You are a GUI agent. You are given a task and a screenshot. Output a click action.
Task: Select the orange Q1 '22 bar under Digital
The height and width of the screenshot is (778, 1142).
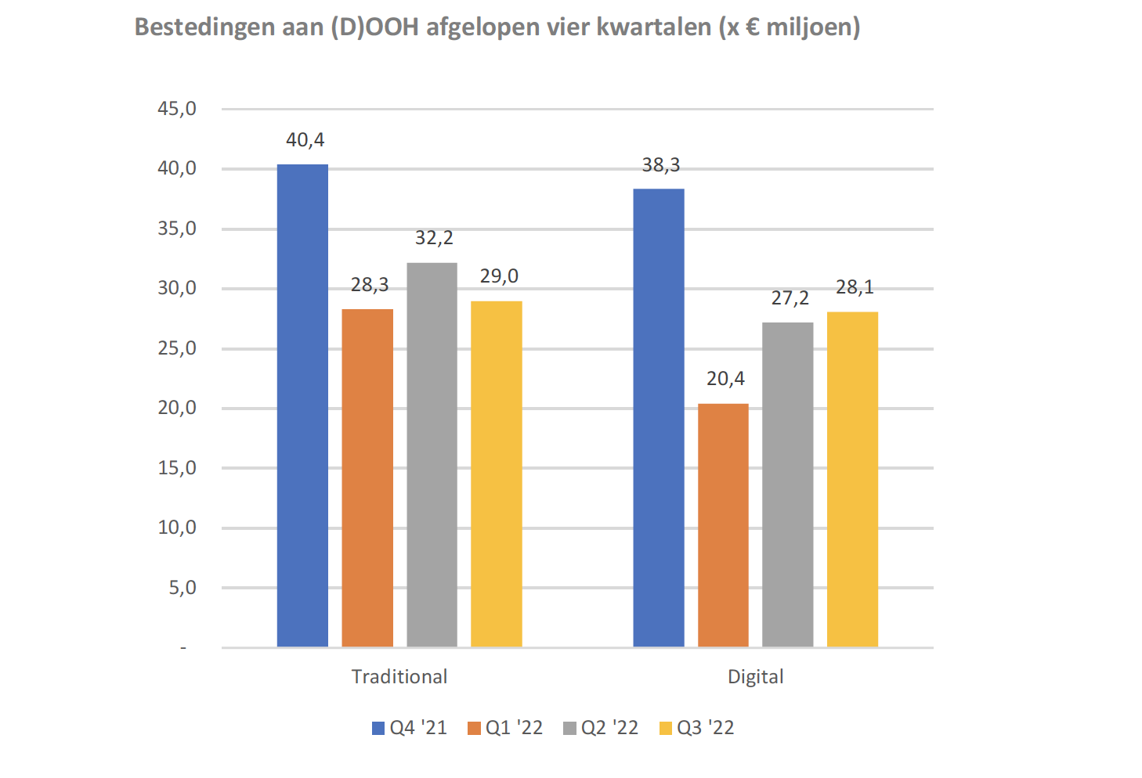723,524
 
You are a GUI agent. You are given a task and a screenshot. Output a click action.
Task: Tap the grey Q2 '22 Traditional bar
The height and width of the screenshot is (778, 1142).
432,454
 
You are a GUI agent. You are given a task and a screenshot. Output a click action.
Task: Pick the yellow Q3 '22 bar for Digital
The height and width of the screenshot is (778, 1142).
852,479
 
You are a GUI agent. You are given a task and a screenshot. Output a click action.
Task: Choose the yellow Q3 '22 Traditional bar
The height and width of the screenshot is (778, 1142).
496,474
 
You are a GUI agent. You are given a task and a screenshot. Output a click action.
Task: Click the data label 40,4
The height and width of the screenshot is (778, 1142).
305,140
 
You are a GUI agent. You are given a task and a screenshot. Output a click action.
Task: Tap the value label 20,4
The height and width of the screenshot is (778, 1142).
725,379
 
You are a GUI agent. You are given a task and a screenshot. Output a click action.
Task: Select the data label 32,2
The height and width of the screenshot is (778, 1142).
434,238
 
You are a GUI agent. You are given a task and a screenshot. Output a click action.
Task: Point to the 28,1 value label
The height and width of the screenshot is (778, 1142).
855,287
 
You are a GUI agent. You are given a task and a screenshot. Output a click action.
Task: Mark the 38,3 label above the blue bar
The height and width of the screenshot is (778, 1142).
661,165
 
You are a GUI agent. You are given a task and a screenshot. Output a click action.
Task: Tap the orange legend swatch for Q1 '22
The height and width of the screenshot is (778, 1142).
474,729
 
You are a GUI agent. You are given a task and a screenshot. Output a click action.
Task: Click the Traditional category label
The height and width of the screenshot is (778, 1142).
399,677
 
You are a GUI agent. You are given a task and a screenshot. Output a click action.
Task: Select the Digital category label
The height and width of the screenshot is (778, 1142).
755,677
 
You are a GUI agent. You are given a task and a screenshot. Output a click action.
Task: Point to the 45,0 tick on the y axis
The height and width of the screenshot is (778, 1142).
177,109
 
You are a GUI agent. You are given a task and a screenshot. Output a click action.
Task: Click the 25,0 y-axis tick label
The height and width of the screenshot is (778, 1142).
177,348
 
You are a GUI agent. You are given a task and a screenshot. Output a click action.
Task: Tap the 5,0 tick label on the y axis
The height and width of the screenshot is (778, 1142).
183,588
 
